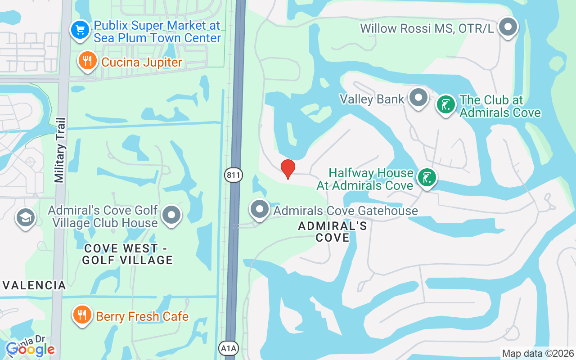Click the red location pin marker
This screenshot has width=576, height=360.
point(288,169)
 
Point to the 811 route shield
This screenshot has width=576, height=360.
point(234,175)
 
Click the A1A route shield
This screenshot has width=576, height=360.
point(226,348)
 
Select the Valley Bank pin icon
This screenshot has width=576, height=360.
point(419,97)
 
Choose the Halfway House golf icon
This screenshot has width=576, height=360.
point(426,177)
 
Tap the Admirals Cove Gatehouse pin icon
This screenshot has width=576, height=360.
point(260,209)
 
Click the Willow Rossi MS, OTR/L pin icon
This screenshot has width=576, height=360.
point(508,27)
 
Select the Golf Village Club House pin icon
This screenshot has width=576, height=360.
point(171,215)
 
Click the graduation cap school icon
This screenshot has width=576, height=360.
point(26,218)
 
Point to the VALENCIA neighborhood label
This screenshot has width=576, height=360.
point(35,285)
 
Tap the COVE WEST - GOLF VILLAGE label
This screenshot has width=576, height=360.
point(128,254)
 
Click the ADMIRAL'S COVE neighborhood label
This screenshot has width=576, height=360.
point(333,232)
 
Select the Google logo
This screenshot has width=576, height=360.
point(31,349)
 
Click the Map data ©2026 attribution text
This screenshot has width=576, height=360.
point(538,354)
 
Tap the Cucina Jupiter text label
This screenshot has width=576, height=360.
point(142,62)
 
